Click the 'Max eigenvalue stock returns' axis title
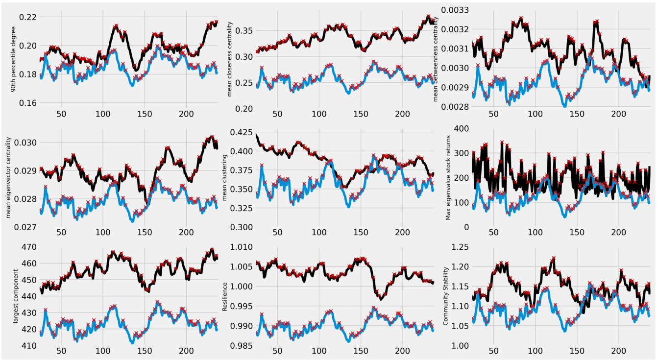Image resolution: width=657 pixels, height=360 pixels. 448,177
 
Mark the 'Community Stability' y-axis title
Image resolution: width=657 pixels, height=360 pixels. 445,296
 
